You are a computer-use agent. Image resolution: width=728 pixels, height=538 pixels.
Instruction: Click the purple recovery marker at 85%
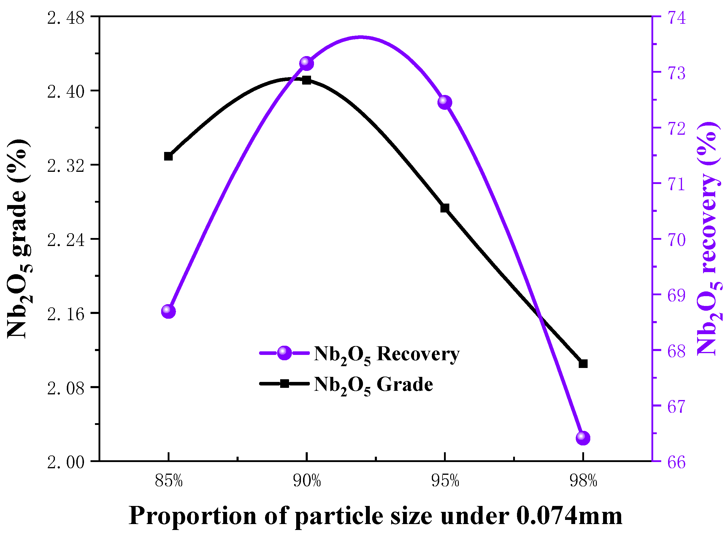tap(168, 311)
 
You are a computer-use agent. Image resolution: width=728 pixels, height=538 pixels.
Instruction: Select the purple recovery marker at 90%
tap(306, 63)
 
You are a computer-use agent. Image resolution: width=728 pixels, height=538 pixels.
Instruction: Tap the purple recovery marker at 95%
tap(445, 102)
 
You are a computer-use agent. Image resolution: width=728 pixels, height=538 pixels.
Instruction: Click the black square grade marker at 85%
tap(168, 156)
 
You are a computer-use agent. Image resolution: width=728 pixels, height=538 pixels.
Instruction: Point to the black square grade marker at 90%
tap(306, 80)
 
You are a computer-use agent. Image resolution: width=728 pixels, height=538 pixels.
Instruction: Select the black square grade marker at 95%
tap(445, 208)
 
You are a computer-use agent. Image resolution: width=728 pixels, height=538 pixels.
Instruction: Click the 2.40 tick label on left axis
tap(66, 92)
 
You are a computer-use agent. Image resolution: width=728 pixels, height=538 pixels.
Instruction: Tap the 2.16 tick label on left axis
tap(66, 314)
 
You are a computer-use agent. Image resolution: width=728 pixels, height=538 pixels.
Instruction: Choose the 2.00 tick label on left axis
tap(66, 462)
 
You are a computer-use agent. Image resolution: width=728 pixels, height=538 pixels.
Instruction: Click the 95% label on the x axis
tap(445, 481)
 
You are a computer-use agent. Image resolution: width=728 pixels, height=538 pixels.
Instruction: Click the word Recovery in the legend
tap(418, 354)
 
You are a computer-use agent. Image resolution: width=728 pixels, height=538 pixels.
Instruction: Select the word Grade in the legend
tap(405, 385)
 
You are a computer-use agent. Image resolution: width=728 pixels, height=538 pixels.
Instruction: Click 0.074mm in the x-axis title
tap(569, 516)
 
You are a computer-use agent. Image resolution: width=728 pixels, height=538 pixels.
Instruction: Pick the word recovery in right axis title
tap(708, 223)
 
